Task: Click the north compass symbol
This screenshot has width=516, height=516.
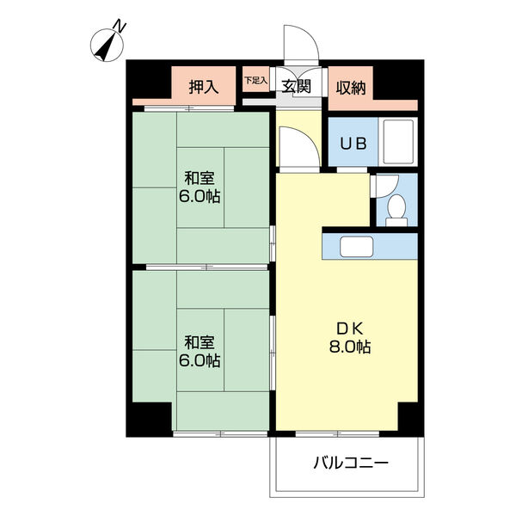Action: pos(107,45)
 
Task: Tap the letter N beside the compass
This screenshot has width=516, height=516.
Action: pos(120,27)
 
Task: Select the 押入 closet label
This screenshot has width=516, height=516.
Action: pos(204,87)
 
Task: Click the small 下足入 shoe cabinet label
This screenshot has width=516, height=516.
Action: pos(255,80)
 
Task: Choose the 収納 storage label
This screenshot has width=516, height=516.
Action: pos(351,88)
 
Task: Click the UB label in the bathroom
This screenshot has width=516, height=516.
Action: pos(353,144)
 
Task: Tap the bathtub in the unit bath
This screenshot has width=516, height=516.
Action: pos(398,142)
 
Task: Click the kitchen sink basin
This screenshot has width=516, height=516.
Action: pos(356,247)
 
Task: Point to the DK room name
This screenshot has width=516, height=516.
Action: pos(349,329)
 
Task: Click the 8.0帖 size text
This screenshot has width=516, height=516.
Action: pos(350,347)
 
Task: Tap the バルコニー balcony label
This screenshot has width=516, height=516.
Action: pos(351,463)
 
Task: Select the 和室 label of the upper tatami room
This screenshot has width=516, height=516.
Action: pos(200,178)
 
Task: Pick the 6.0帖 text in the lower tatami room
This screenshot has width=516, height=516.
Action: pos(200,360)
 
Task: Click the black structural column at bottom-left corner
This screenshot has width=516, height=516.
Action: pos(150,420)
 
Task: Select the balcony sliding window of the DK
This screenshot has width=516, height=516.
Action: pos(337,434)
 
